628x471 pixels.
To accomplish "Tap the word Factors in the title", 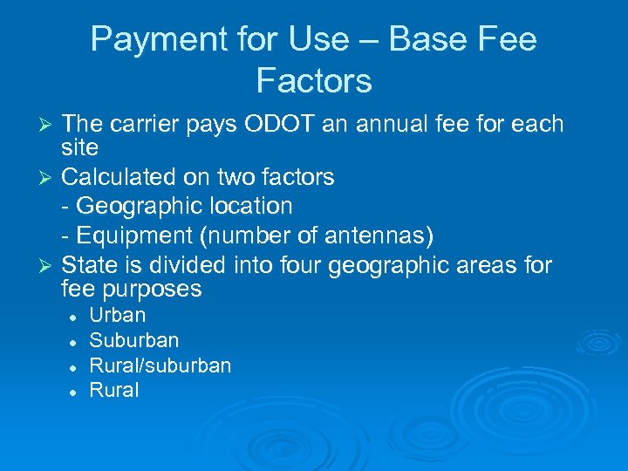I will click(x=314, y=81).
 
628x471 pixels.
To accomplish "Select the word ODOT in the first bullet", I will click(x=276, y=125).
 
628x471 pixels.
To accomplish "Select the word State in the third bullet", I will click(x=90, y=263).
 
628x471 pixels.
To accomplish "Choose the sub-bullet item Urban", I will click(x=118, y=315).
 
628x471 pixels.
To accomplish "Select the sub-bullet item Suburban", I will click(x=133, y=340).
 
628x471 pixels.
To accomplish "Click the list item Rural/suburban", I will click(x=160, y=365).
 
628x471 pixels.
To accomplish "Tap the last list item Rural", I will click(x=114, y=390).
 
